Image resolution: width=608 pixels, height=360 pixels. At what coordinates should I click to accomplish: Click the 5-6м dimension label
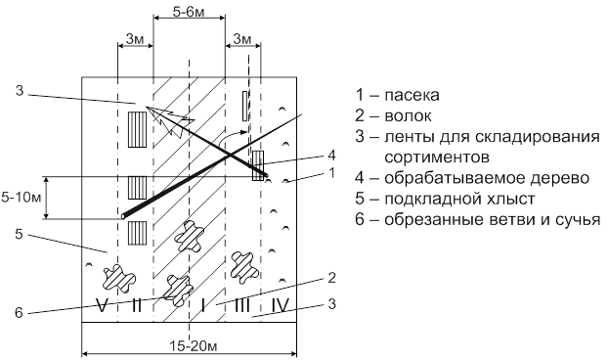(189, 13)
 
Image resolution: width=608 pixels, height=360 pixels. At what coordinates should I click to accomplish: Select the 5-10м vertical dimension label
(21, 198)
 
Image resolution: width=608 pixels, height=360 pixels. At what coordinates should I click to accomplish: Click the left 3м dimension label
(135, 39)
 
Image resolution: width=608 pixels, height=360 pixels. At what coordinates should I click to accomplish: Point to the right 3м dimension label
(242, 39)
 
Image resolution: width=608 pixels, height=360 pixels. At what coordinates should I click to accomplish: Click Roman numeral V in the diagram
(102, 305)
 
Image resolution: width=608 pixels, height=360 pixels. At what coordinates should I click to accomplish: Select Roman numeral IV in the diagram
(280, 305)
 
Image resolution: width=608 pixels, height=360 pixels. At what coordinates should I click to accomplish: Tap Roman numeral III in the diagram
(242, 305)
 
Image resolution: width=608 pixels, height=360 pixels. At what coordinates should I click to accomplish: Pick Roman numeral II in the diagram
(136, 305)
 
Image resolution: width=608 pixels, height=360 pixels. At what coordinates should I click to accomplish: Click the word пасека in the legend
(412, 96)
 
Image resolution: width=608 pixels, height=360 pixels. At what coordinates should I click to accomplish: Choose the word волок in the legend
(408, 116)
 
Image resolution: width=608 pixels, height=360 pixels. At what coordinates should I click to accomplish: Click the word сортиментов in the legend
(437, 157)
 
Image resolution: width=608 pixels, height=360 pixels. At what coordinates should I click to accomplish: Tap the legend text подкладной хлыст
(459, 199)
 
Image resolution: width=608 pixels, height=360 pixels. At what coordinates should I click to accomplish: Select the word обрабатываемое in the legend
(455, 178)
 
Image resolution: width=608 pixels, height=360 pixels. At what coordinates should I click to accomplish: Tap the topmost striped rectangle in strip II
(137, 129)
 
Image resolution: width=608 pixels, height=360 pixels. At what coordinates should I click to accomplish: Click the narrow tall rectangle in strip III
(245, 106)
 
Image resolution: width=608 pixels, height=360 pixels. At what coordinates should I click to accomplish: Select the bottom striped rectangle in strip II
(137, 233)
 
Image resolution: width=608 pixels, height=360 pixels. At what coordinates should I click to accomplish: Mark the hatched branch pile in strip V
(118, 278)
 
